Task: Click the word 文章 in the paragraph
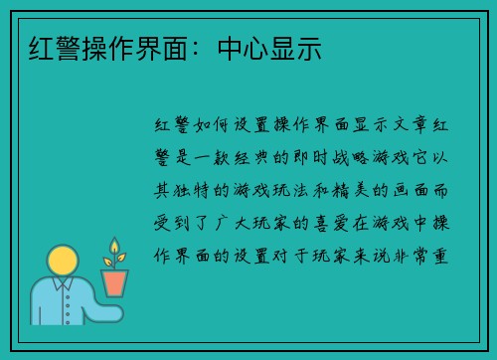(x=405, y=126)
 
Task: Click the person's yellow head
(x=64, y=263)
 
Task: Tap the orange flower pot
(x=115, y=282)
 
